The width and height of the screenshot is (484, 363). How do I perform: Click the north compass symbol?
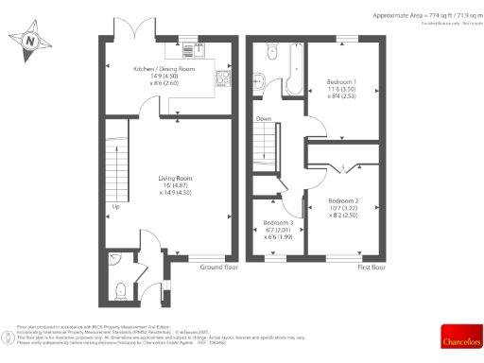point(30,42)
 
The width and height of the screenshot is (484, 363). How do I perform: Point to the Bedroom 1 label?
point(341,81)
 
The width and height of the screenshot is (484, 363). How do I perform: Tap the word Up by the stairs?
point(116,206)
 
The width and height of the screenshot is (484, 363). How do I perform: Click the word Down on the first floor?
point(265,119)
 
